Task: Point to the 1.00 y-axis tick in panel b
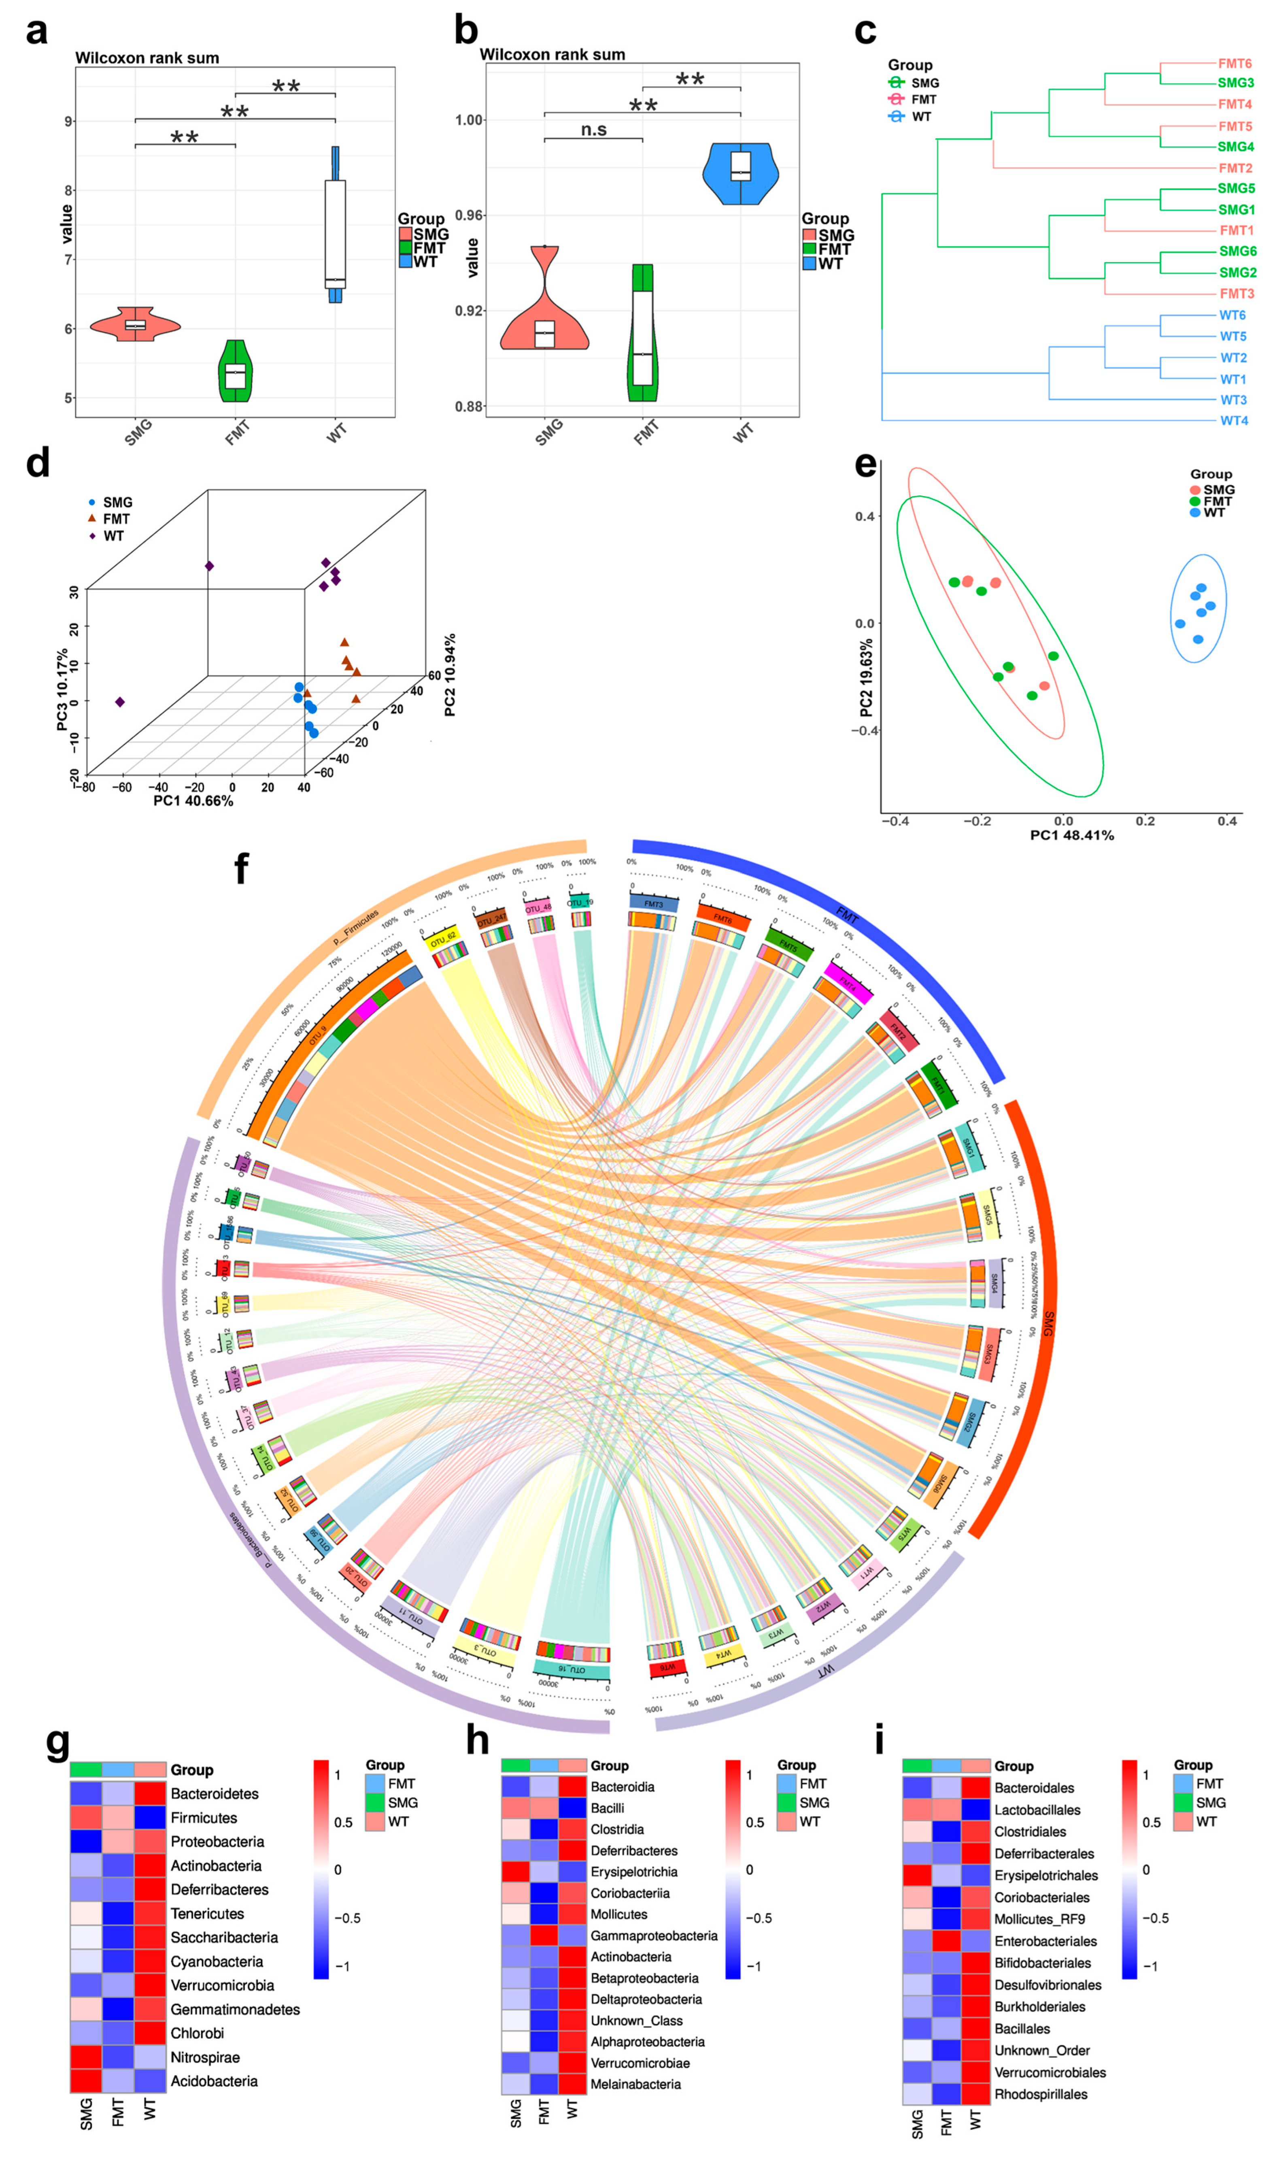pos(469,120)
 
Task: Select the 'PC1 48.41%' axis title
pos(1071,835)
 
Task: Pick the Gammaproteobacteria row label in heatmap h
pos(653,1935)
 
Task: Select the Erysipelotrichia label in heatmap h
pos(633,1872)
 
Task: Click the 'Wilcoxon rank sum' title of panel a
pos(147,57)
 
